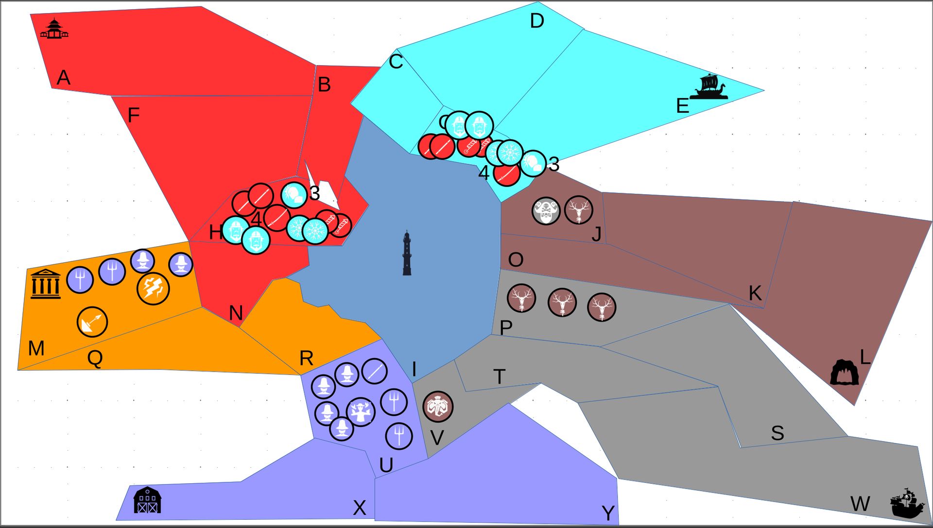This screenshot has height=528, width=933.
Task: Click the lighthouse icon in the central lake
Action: [x=407, y=254]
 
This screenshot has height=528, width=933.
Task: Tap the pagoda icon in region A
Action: [x=54, y=29]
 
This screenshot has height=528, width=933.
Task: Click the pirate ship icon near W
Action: [x=907, y=503]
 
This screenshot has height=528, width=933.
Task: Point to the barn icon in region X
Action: [x=147, y=500]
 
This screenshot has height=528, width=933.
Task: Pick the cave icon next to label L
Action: [x=844, y=372]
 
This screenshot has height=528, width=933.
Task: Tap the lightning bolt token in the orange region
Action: [x=153, y=288]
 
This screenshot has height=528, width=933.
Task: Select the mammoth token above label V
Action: [x=438, y=406]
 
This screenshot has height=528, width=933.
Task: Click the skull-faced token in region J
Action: [x=546, y=211]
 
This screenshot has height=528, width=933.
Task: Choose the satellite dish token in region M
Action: [x=92, y=322]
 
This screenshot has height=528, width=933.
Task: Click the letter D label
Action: [x=537, y=21]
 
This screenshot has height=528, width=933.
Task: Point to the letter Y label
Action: [x=608, y=513]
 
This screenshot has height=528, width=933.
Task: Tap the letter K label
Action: [x=755, y=293]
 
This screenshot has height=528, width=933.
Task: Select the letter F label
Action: [x=133, y=116]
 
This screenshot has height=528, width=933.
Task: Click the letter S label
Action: [x=777, y=433]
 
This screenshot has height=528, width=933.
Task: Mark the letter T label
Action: [x=499, y=377]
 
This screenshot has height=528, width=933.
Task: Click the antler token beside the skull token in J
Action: [x=578, y=210]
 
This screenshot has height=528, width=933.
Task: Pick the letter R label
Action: [x=306, y=358]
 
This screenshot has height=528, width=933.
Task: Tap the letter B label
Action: [x=324, y=85]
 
